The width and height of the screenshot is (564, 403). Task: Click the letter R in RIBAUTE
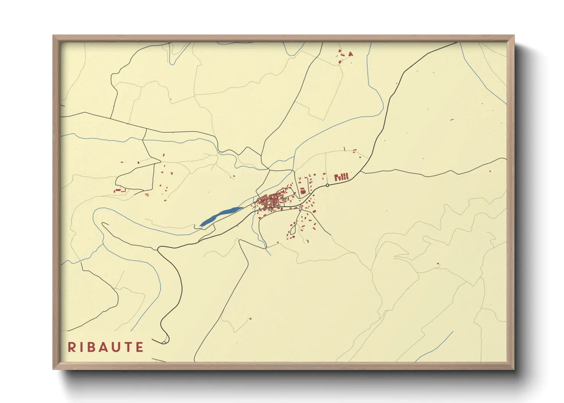(71, 347)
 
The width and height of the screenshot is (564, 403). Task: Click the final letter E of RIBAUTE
(140, 347)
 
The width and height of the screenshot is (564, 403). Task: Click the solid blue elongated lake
(221, 216)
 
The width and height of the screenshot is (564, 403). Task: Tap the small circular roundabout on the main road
(327, 186)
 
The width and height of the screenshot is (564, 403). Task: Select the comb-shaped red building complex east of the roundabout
(341, 177)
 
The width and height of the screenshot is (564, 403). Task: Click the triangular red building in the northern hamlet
(351, 54)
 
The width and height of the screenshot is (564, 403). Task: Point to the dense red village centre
(271, 201)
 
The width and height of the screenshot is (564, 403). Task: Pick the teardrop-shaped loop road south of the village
(293, 229)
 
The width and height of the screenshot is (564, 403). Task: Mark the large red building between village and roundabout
(303, 191)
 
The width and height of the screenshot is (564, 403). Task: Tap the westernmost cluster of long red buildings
(120, 190)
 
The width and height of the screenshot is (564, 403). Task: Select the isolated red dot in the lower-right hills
(438, 264)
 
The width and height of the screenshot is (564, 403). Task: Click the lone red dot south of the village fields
(250, 318)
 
